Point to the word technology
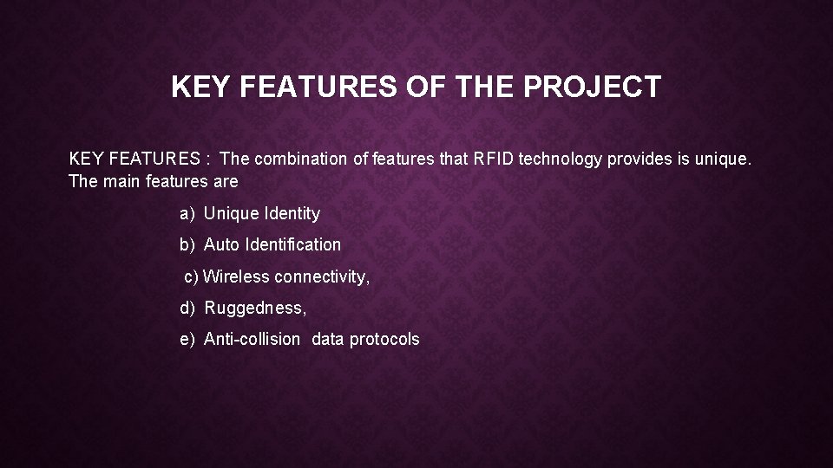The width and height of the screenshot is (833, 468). [x=561, y=159]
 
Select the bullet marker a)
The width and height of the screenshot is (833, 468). [x=187, y=213]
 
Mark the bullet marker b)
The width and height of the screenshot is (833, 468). [x=187, y=244]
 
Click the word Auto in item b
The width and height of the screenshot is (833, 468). [x=222, y=244]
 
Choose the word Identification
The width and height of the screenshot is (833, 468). [x=293, y=244]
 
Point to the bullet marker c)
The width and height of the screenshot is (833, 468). [x=191, y=276]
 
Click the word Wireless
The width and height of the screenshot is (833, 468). [x=236, y=276]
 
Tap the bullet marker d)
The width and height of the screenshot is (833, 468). [x=187, y=308]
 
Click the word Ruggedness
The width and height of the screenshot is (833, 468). [x=255, y=308]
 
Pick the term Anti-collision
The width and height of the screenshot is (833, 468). [x=252, y=339]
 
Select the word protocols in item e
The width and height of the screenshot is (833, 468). [x=384, y=339]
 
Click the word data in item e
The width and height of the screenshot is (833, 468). [x=328, y=339]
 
